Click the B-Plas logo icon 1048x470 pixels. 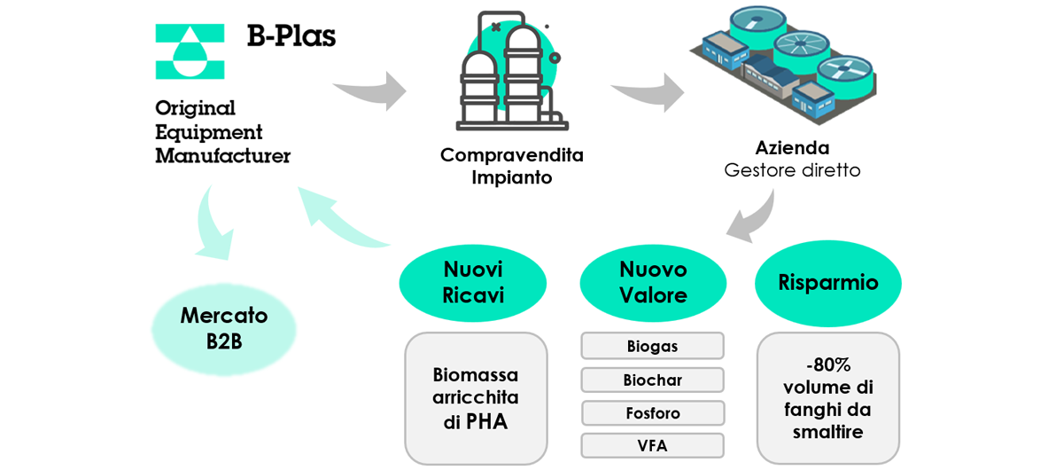190,51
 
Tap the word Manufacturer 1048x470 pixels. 222,156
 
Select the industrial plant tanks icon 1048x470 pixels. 511,72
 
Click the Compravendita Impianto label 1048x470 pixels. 511,166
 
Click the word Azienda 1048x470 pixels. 792,147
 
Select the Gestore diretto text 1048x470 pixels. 792,169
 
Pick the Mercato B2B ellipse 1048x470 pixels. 223,328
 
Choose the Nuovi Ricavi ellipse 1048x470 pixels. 473,282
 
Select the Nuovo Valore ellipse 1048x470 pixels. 653,282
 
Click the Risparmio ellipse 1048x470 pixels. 827,283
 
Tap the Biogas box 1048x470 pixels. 652,346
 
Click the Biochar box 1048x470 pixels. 652,380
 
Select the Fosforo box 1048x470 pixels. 652,413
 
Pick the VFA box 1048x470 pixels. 652,445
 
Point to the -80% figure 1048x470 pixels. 827,364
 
